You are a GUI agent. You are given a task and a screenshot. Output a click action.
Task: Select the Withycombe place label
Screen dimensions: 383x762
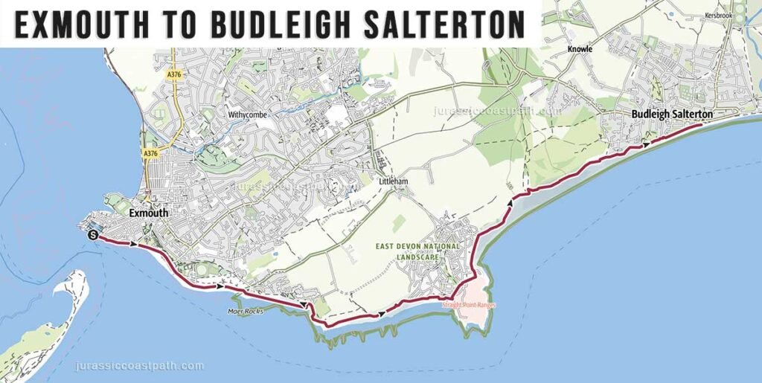click(x=247, y=115)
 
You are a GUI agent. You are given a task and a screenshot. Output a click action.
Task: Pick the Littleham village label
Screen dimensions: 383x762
click(x=394, y=181)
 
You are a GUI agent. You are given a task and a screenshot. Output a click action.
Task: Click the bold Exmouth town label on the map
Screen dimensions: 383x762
click(x=149, y=213)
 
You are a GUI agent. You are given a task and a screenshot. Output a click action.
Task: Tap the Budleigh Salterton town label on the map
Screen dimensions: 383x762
click(x=672, y=115)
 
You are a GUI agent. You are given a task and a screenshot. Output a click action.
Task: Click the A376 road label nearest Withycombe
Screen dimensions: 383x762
click(x=174, y=74)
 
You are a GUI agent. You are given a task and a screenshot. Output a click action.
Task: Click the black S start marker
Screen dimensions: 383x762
click(x=92, y=235)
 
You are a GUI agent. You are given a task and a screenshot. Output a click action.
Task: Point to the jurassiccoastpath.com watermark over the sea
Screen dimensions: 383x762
click(x=139, y=366)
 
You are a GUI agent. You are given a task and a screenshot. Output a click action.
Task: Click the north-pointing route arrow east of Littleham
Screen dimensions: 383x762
click(x=510, y=202)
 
